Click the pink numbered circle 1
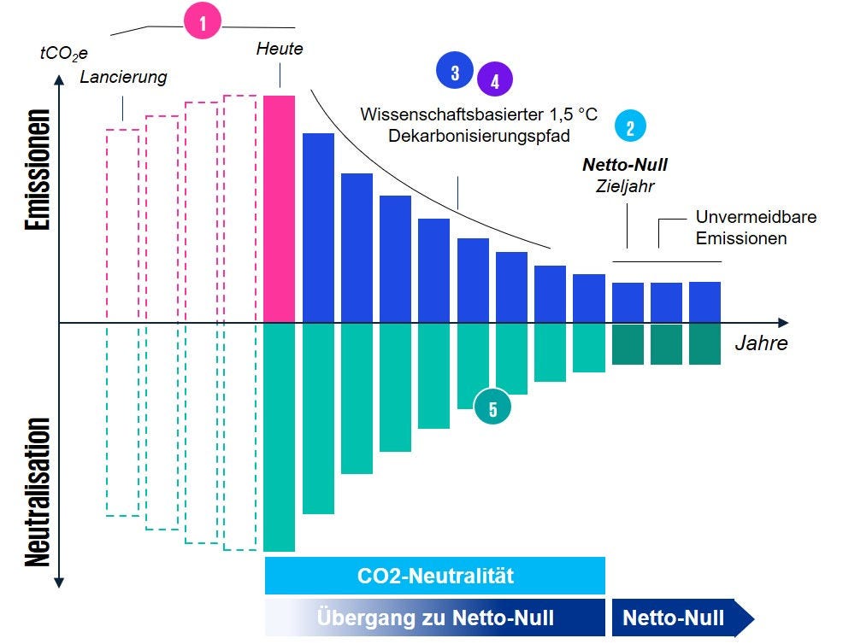coord(203,24)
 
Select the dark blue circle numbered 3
coord(455,72)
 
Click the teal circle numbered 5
coord(492,409)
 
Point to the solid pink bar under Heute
coord(280,209)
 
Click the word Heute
coord(280,49)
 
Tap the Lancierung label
coord(123,78)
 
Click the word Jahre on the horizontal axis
coord(761,345)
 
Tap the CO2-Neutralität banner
coord(435,576)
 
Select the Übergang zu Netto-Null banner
coord(435,618)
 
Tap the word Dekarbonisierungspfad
coord(478,135)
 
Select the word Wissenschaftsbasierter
coord(445,114)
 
